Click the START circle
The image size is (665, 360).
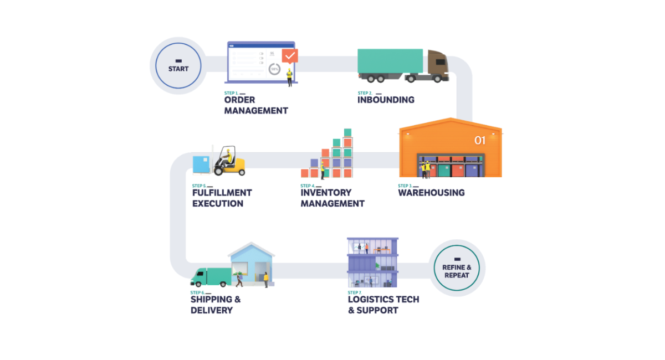178,66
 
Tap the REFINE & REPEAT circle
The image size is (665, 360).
457,268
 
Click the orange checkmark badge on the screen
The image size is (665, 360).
290,55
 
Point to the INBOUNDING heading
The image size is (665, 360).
386,100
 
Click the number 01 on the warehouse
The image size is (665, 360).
479,140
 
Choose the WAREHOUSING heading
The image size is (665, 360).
431,193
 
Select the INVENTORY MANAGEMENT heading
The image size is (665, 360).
332,198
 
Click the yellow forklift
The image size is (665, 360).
230,162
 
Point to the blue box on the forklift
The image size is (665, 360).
201,164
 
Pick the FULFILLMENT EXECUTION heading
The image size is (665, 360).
222,198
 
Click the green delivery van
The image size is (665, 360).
211,276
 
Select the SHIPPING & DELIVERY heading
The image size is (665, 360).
216,305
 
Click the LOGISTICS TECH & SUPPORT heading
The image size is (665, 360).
383,305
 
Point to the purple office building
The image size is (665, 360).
372,262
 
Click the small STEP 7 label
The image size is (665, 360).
354,292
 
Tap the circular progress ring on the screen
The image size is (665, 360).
274,69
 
